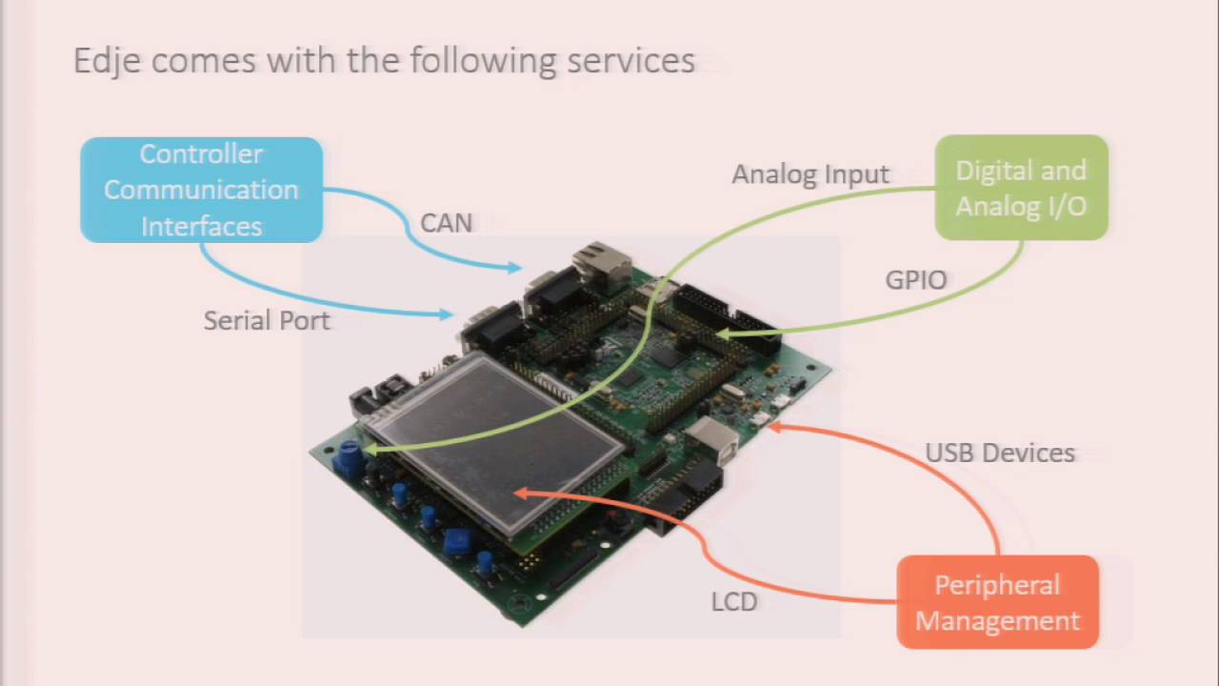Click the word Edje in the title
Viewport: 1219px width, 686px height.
pyautogui.click(x=108, y=61)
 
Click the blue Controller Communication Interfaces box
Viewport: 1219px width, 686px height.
pyautogui.click(x=201, y=190)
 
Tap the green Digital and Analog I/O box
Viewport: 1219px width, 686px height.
pyautogui.click(x=1021, y=188)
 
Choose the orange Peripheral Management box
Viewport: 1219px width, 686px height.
pyautogui.click(x=997, y=602)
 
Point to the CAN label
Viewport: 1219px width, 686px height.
pyautogui.click(x=446, y=223)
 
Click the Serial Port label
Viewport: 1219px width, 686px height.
pyautogui.click(x=267, y=321)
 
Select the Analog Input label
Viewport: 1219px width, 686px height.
pyautogui.click(x=810, y=174)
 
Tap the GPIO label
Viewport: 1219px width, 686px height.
pyautogui.click(x=916, y=280)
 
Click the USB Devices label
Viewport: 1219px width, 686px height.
pyautogui.click(x=1000, y=454)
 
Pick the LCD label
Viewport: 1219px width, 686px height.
pyautogui.click(x=734, y=602)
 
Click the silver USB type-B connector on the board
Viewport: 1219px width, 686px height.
pyautogui.click(x=710, y=437)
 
